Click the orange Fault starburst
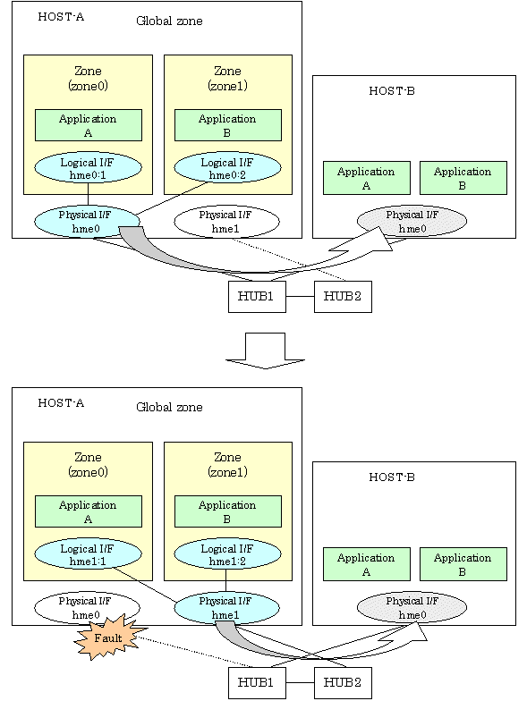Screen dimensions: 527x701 (x=109, y=637)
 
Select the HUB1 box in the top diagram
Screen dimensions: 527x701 (x=257, y=297)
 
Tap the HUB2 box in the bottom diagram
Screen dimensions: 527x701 (x=343, y=683)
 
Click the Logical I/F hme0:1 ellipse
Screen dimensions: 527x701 (x=88, y=168)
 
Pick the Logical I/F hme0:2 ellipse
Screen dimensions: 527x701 (x=227, y=168)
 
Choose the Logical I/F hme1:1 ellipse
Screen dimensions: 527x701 (x=88, y=554)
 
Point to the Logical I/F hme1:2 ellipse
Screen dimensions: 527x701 (x=227, y=554)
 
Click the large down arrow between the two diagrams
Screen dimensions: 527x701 (x=265, y=350)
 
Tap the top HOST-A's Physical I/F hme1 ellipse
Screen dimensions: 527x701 (x=226, y=222)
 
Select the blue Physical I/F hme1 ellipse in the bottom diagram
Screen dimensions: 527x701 (x=226, y=608)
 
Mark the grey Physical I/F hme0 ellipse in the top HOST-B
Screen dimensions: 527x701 (x=412, y=222)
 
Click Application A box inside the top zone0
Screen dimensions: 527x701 (x=89, y=125)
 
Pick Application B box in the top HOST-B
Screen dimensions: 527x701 (x=463, y=178)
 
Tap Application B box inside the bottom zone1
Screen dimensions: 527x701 (x=227, y=511)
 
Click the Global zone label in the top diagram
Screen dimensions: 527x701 (x=169, y=21)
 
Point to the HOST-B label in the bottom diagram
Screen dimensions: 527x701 (x=392, y=477)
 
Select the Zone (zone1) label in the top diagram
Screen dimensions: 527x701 (x=227, y=78)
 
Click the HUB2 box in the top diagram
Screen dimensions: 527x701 (x=343, y=297)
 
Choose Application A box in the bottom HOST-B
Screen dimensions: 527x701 (x=367, y=564)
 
